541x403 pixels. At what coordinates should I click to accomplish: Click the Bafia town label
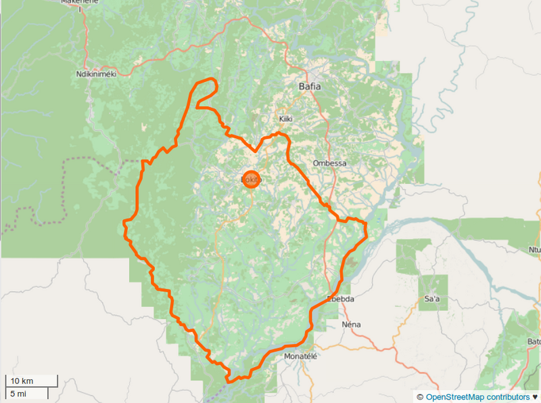(x=310, y=87)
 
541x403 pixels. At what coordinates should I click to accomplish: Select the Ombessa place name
(x=329, y=163)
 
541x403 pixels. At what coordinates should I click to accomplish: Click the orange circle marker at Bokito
(x=250, y=179)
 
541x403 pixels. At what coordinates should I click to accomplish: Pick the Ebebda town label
(x=340, y=299)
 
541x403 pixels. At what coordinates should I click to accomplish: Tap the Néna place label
(x=352, y=324)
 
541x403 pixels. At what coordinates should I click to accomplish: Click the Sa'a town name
(x=431, y=299)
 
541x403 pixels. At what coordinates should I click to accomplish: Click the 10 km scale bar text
(x=22, y=380)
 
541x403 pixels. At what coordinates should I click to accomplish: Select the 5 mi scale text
(x=18, y=393)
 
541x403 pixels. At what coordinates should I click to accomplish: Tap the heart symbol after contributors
(x=536, y=397)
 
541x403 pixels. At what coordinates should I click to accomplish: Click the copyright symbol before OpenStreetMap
(x=420, y=397)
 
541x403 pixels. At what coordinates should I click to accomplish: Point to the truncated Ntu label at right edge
(x=534, y=250)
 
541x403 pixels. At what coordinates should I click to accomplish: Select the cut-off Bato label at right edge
(x=534, y=341)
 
